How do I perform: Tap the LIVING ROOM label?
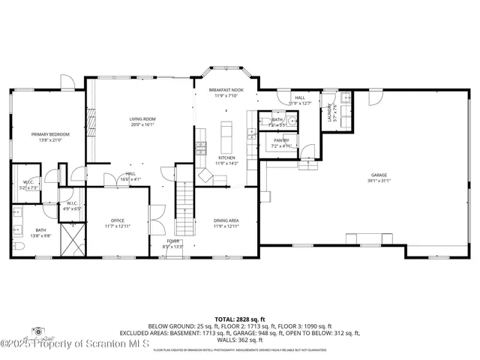coord(142,118)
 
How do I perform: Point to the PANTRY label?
coord(281,139)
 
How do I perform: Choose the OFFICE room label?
coord(118,220)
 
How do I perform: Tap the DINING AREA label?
coord(226,220)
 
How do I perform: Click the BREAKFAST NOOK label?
coord(226,89)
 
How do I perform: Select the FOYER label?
coord(172,241)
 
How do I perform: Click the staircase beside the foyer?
coord(184,211)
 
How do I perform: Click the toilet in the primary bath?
coord(17,244)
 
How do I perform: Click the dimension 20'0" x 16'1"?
coord(142,124)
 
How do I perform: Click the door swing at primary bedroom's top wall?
coord(66,80)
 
